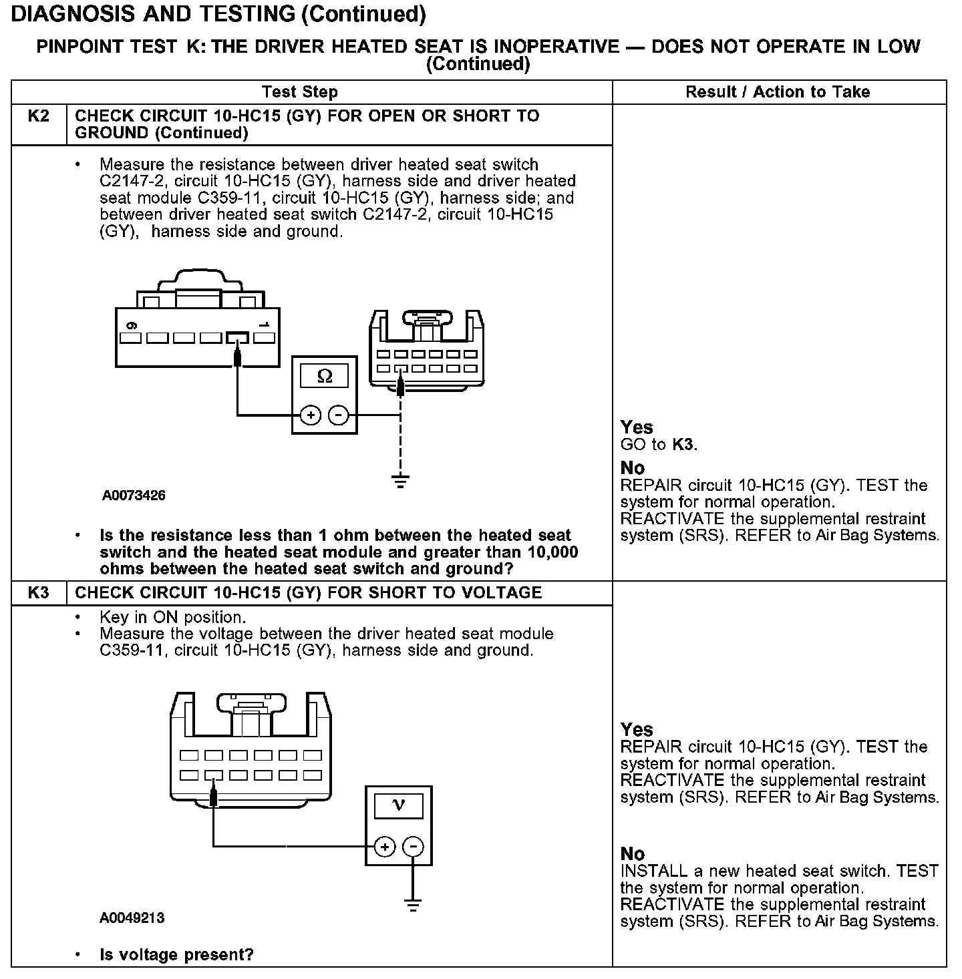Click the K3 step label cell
[x=39, y=593]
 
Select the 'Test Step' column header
[x=300, y=92]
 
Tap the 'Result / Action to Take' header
[x=778, y=92]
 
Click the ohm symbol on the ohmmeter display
[x=325, y=377]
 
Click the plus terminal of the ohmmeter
[x=311, y=415]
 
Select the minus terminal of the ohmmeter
[x=339, y=415]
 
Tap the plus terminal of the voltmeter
[x=385, y=847]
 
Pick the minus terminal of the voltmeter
[x=414, y=847]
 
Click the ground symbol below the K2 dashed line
[x=399, y=481]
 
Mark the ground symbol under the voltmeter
[x=414, y=906]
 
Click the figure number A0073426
[x=134, y=496]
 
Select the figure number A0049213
[x=132, y=918]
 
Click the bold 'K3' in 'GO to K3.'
[x=683, y=445]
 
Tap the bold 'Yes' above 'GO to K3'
[x=637, y=427]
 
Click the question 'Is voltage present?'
[x=176, y=955]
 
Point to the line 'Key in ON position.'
[x=172, y=617]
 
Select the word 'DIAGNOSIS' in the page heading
[x=74, y=13]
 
